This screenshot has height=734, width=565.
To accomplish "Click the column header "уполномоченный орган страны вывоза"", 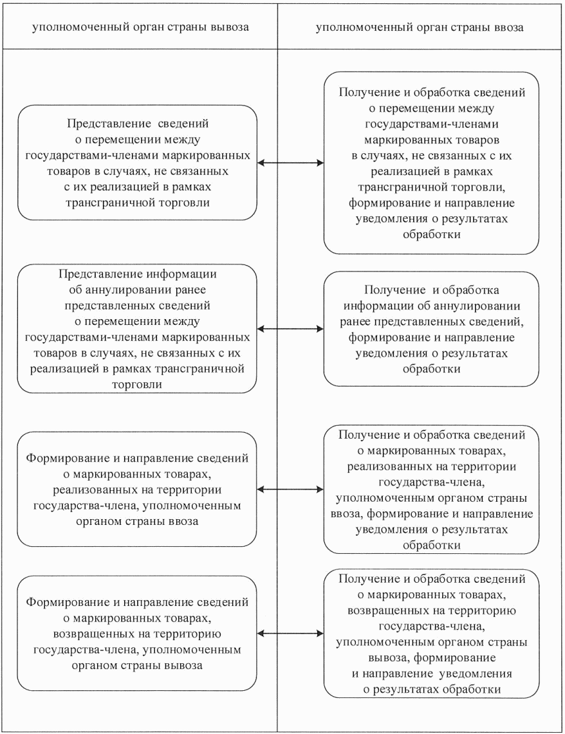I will [x=140, y=28].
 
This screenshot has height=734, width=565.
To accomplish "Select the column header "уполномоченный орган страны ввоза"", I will [x=420, y=28].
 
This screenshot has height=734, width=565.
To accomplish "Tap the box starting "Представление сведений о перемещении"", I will [x=136, y=162].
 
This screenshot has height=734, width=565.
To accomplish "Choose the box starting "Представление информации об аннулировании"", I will [x=136, y=329].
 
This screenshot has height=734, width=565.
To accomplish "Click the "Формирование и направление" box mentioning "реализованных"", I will [x=136, y=490].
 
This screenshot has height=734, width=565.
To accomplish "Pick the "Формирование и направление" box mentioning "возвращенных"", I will [x=136, y=634].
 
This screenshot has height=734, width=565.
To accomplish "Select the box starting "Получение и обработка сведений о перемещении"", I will [x=431, y=162].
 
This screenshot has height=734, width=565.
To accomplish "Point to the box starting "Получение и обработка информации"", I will [x=431, y=329].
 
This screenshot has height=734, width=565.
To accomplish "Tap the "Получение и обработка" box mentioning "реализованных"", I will [x=431, y=490].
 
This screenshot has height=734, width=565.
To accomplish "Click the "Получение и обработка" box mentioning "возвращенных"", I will [x=431, y=634].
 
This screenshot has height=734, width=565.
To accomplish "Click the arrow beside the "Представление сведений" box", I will [x=290, y=163].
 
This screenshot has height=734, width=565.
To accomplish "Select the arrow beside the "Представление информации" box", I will [x=290, y=329].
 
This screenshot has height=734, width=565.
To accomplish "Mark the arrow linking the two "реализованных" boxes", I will [x=290, y=490].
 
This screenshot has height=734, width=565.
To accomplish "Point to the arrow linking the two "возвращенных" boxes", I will [x=290, y=634].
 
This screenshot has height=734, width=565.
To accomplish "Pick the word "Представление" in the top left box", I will [x=98, y=122].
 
